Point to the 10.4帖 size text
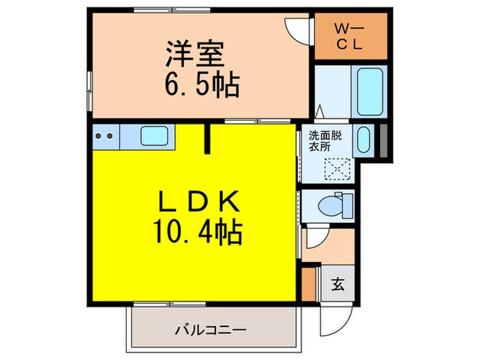pyautogui.click(x=197, y=232)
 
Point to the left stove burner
pyautogui.click(x=99, y=136)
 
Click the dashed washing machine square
pyautogui.click(x=338, y=168)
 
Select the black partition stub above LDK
pyautogui.click(x=208, y=139)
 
